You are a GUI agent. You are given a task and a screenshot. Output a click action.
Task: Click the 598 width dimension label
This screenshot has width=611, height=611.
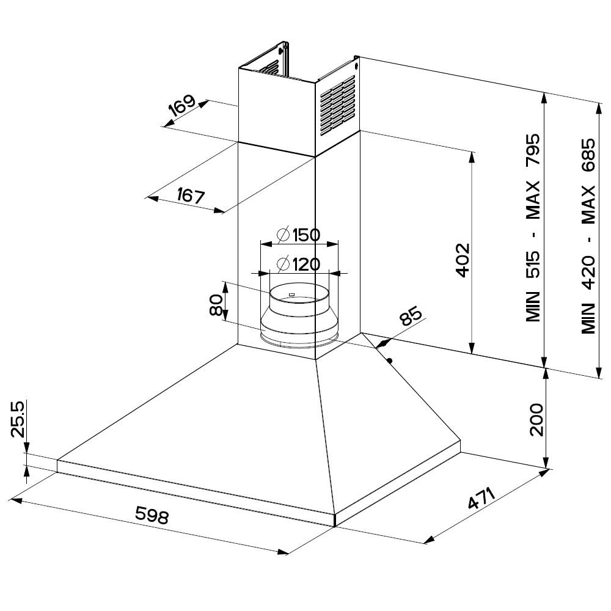152,516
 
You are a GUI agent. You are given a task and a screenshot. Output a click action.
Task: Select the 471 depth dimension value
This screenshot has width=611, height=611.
481,498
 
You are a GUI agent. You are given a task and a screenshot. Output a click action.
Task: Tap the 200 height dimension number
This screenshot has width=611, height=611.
536,419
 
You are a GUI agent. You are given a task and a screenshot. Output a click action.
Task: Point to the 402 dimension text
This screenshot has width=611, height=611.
462,260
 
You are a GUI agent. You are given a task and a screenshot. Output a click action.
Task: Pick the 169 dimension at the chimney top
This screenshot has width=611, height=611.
183,106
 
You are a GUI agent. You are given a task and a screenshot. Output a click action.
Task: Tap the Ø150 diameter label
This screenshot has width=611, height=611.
299,235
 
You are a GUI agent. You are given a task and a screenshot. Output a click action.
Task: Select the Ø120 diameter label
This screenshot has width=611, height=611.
298,265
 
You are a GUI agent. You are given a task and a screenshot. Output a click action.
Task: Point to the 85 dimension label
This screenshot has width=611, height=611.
410,318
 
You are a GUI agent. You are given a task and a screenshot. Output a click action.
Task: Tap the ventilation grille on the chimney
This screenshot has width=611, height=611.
337,105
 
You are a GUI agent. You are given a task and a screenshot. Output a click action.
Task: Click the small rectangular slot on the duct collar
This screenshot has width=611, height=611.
291,295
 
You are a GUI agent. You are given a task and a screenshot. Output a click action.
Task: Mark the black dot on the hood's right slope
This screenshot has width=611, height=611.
389,360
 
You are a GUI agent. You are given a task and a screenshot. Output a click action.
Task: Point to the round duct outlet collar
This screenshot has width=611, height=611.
299,318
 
